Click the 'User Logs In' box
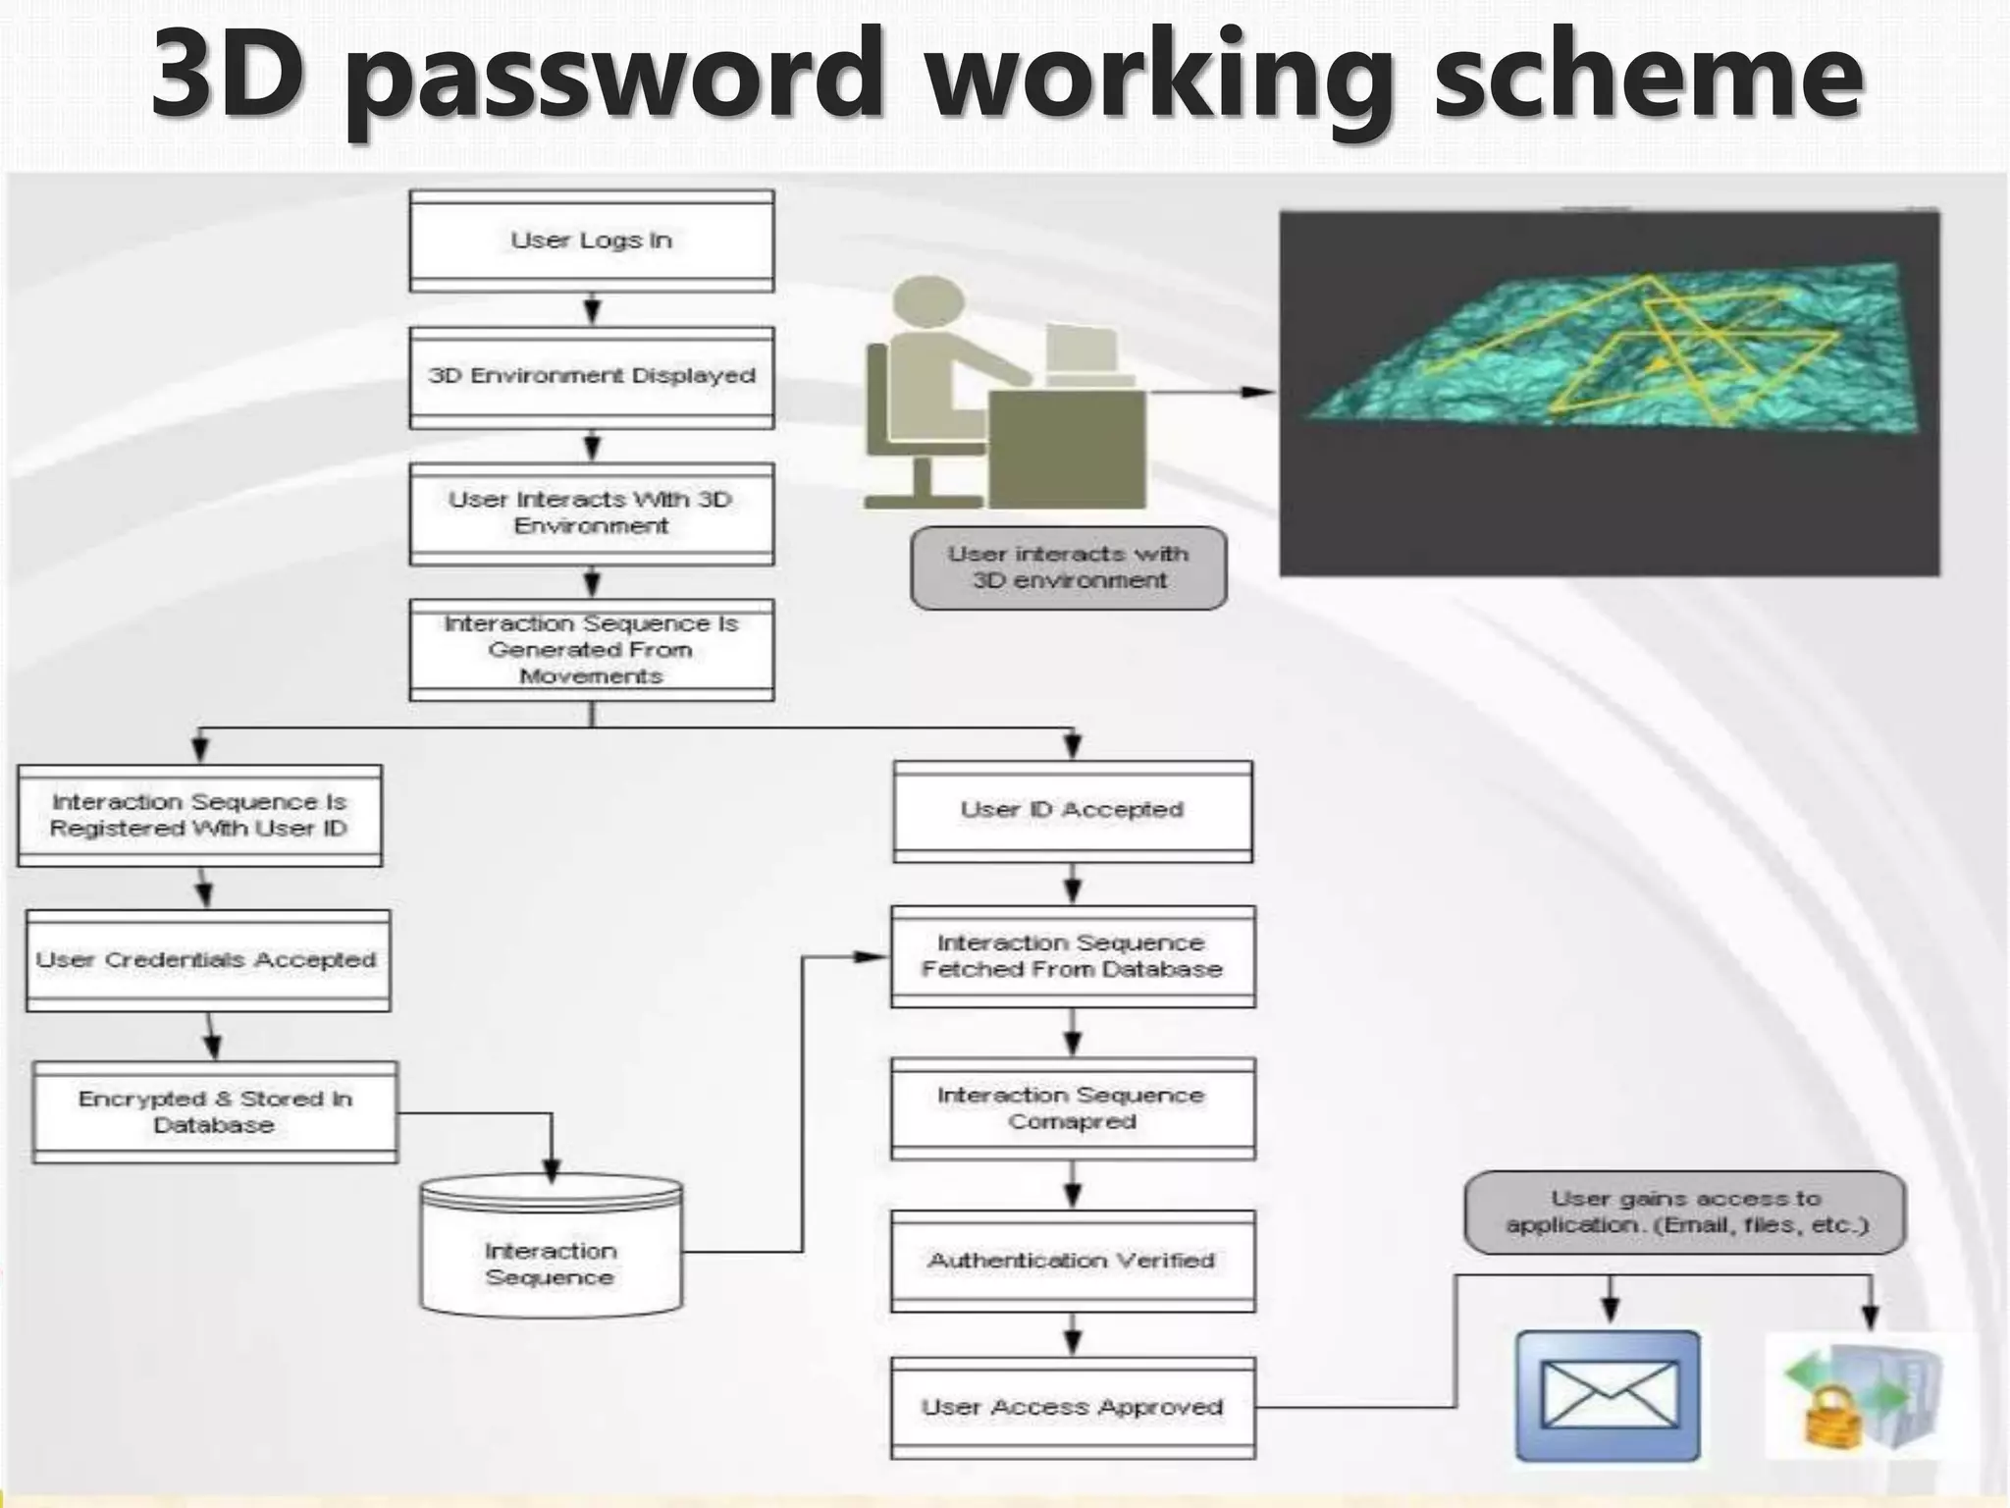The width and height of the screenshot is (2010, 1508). pos(591,241)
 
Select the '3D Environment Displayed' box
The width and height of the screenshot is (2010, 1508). pos(591,377)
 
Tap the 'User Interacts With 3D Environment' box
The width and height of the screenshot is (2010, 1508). pos(591,513)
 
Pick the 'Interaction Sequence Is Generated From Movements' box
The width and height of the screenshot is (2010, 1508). pos(591,650)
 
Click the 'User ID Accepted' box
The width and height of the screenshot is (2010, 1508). pos(1072,811)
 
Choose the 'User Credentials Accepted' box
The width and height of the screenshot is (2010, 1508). pos(207,960)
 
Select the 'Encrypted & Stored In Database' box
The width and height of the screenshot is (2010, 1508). pos(215,1112)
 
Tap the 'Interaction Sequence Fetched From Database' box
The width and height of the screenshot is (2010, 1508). pos(1072,956)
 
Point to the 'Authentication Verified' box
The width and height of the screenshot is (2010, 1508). pos(1072,1261)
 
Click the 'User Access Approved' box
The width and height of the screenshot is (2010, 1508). pos(1072,1408)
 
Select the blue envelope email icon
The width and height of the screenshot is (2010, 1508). pos(1608,1395)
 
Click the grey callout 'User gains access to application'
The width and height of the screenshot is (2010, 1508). pos(1684,1212)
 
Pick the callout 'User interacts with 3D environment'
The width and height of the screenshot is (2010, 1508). pos(1068,567)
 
